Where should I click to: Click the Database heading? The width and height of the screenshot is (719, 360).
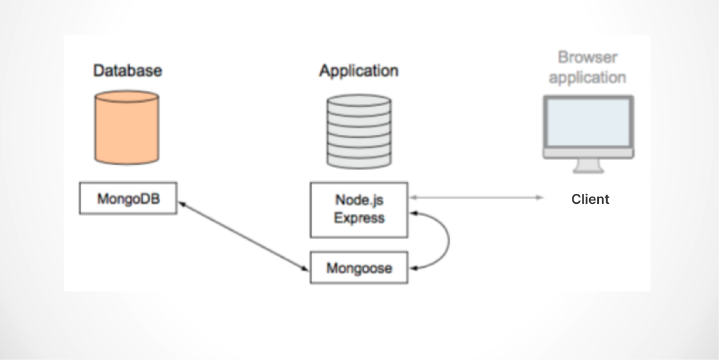(x=128, y=71)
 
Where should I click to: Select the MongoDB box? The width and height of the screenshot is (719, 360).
(x=128, y=198)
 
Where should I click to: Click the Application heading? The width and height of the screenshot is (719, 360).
(x=359, y=71)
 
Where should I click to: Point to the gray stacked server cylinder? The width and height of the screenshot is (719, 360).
(x=359, y=131)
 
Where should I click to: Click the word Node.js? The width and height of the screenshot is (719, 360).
(x=359, y=200)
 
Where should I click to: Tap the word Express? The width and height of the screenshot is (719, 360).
(x=359, y=218)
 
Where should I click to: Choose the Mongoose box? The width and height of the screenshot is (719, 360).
(x=359, y=268)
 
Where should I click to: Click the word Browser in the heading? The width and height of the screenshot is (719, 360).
(x=588, y=58)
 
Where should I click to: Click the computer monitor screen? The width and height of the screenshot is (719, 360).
(x=588, y=122)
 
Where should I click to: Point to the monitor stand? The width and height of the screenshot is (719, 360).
(x=588, y=166)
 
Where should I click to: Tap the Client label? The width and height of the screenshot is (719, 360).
(x=590, y=199)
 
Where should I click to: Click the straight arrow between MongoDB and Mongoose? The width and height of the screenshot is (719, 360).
(x=243, y=236)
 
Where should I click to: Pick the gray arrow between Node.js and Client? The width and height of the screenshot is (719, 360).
(x=477, y=198)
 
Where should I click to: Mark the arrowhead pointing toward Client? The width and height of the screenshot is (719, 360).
(x=540, y=198)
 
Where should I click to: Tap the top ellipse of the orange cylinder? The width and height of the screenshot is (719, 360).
(x=127, y=97)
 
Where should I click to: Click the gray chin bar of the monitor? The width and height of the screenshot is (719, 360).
(x=588, y=153)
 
